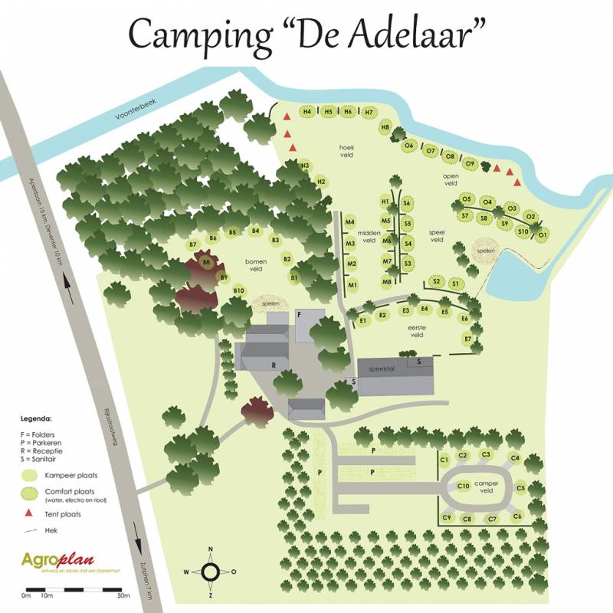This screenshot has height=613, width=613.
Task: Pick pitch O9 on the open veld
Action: [470, 163]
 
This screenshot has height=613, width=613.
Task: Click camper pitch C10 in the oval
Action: [463, 486]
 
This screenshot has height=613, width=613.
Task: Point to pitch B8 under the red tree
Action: [206, 262]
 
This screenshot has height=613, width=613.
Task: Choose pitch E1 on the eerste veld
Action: [363, 321]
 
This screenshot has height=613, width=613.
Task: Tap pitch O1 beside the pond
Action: [543, 233]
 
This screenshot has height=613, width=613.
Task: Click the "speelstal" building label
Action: [386, 369]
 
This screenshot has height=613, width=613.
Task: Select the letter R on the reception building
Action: [273, 366]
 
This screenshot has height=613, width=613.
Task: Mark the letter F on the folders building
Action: [299, 315]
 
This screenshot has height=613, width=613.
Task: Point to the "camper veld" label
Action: [487, 487]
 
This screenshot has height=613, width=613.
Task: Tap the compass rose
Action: [210, 571]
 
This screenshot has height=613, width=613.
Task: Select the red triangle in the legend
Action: [28, 513]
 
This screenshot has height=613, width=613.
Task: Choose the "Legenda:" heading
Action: [36, 420]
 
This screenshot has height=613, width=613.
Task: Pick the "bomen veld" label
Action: [254, 264]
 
